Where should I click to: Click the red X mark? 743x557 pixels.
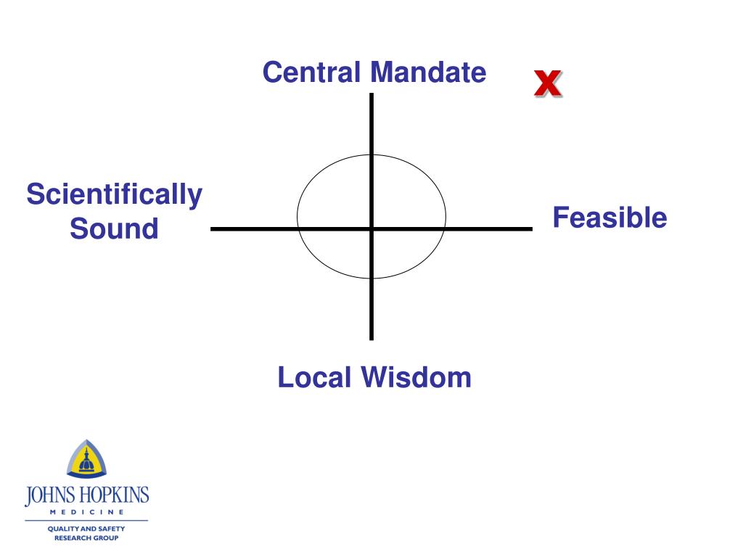(547, 84)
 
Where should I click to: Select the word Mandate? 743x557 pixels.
(427, 73)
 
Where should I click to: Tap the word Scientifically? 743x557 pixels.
(115, 195)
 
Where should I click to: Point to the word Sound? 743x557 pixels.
(114, 229)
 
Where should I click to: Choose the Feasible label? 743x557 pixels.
(609, 218)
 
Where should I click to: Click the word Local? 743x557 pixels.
(316, 378)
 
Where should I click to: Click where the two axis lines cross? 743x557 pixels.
(371, 229)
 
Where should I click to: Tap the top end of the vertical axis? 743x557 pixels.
(371, 95)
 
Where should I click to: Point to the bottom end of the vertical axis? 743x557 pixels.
(371, 338)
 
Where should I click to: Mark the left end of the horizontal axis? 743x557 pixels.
(213, 229)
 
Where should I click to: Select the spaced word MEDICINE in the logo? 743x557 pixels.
(86, 513)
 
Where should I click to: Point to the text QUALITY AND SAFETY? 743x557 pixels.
(86, 529)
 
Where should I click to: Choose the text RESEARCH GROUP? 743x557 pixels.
(86, 538)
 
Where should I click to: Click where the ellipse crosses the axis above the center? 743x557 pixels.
(371, 154)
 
